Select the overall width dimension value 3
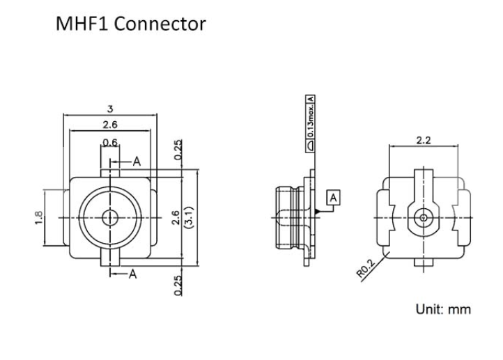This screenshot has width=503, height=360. click(109, 108)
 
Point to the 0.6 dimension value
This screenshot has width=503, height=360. click(109, 143)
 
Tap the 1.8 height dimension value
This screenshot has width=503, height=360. click(38, 217)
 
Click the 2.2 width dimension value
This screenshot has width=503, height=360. click(423, 140)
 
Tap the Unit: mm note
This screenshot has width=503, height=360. click(443, 309)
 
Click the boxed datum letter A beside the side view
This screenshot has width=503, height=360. click(334, 198)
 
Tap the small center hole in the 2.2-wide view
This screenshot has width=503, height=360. click(423, 217)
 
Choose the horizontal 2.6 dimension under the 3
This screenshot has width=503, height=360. click(109, 125)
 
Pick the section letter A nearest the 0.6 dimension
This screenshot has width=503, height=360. click(137, 162)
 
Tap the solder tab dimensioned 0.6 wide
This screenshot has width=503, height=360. click(110, 169)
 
